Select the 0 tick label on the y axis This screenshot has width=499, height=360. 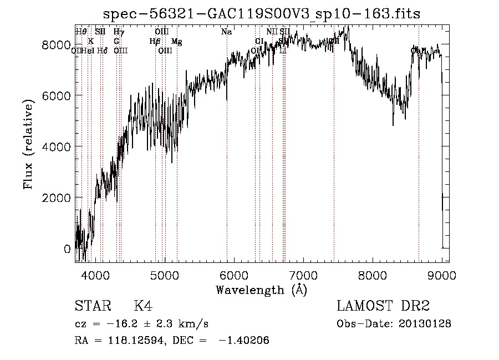pos(67,249)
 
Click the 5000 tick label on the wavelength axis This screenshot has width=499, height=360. pos(165,276)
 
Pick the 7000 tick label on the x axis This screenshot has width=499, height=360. pos(303,276)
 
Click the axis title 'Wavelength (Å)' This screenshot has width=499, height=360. pos(261,290)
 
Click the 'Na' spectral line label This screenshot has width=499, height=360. pos(226,32)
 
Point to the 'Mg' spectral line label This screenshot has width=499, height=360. pos(176,42)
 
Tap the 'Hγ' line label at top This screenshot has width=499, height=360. pos(119,32)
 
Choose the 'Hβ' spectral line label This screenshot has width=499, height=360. pos(155,42)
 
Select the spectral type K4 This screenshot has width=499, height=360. pos(142,307)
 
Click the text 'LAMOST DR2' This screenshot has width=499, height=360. pos(383,307)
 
